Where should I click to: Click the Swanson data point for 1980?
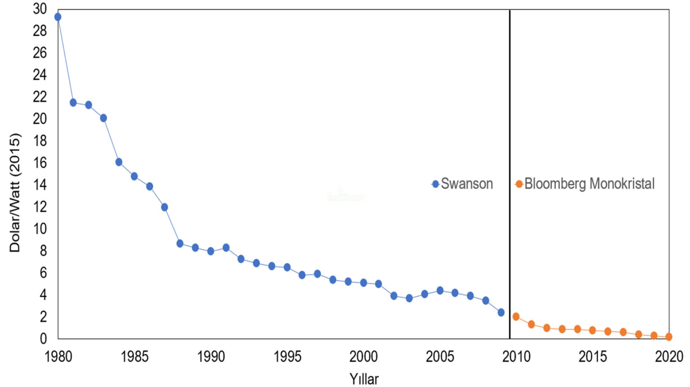(x=58, y=17)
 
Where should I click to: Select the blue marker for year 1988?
(x=180, y=243)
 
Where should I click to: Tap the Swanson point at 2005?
(x=440, y=291)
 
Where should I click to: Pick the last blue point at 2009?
(x=501, y=312)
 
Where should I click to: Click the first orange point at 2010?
(x=516, y=317)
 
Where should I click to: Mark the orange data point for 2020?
(x=669, y=337)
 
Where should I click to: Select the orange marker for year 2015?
(x=593, y=330)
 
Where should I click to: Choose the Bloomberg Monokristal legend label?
(x=589, y=184)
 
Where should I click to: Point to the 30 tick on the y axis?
(x=40, y=9)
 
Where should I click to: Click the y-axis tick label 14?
(x=40, y=184)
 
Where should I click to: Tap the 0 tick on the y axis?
(x=43, y=338)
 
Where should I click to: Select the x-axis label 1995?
(x=287, y=356)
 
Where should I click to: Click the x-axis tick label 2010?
(x=516, y=356)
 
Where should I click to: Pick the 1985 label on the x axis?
(x=134, y=356)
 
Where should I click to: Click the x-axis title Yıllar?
(x=364, y=379)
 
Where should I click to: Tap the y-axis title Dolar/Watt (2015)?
(x=15, y=193)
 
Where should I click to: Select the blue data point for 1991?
(x=226, y=248)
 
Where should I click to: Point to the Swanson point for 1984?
(x=119, y=162)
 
